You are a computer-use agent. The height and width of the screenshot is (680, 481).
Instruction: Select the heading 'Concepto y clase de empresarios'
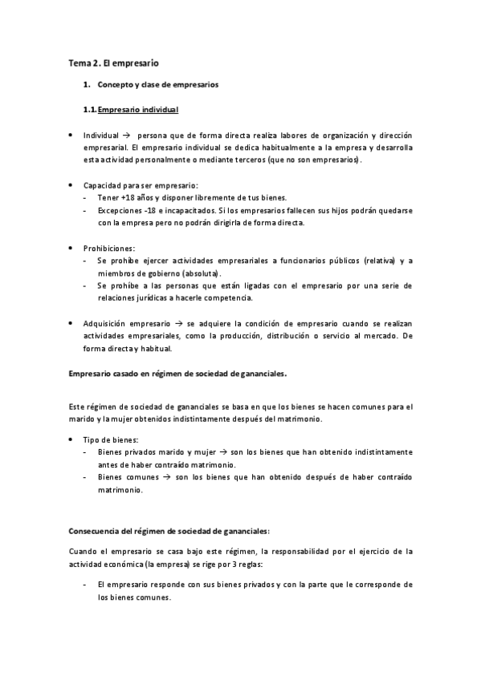pyautogui.click(x=157, y=84)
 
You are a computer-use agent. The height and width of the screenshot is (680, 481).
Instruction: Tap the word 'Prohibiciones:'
pyautogui.click(x=109, y=248)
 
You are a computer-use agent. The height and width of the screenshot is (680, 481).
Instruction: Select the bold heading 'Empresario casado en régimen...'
pyautogui.click(x=177, y=373)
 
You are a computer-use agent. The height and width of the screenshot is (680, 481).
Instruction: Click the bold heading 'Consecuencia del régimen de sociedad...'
pyautogui.click(x=169, y=530)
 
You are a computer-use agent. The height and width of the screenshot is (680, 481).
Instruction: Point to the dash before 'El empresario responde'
pyautogui.click(x=85, y=585)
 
